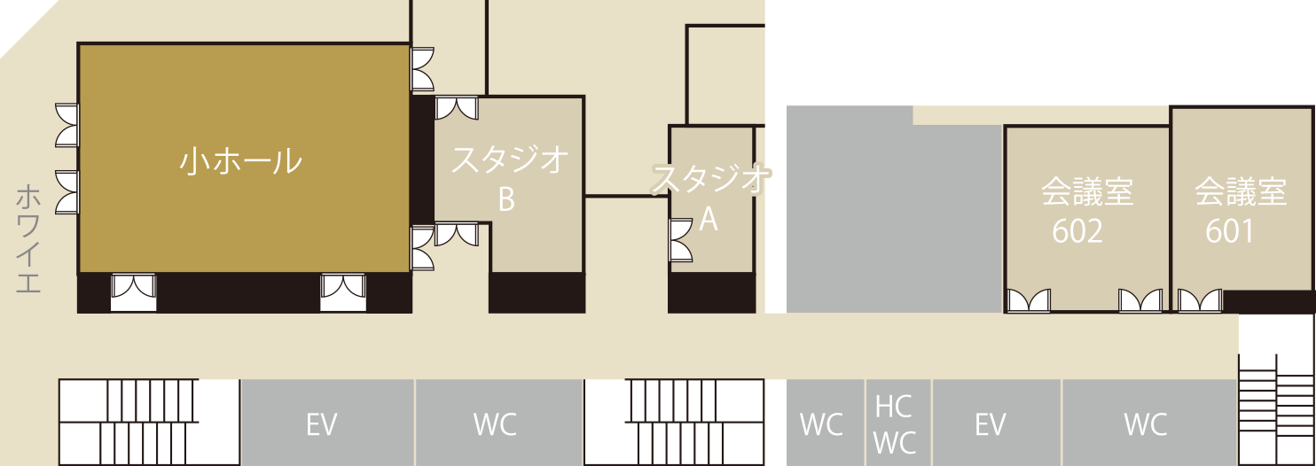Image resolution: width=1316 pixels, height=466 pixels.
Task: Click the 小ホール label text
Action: (x=241, y=160)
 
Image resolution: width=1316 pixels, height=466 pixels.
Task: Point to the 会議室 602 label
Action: (x=1086, y=211)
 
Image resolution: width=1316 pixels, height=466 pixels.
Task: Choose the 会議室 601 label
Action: (x=1240, y=211)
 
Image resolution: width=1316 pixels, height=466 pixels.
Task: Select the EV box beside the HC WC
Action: (x=990, y=424)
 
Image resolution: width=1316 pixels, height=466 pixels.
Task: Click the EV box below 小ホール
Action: (x=321, y=424)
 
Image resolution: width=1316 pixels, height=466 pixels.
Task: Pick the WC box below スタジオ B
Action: (x=495, y=424)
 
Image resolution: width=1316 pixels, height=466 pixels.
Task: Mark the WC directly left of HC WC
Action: (x=821, y=424)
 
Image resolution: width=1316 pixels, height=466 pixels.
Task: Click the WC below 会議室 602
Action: (x=1146, y=424)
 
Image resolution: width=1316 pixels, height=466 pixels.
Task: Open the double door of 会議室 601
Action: (x=1200, y=301)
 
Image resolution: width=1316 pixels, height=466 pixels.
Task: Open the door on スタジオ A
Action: (x=681, y=240)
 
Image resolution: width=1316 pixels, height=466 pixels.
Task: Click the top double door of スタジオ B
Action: (x=457, y=107)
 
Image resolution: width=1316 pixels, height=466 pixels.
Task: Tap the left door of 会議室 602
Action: (x=1029, y=301)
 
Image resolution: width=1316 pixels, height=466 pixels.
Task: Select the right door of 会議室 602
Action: (x=1140, y=301)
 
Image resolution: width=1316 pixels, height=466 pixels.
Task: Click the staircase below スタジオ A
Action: (x=674, y=422)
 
